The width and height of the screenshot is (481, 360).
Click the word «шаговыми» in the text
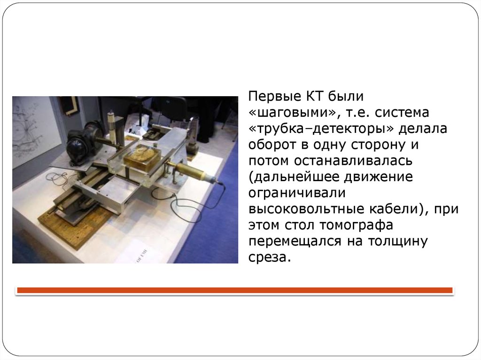tap(293, 113)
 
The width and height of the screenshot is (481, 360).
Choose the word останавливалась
tap(353, 161)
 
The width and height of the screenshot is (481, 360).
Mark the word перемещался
tap(295, 241)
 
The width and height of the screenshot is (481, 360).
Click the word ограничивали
tap(297, 193)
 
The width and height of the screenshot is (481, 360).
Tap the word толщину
tap(397, 241)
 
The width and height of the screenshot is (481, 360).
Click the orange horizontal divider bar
tap(235, 290)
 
